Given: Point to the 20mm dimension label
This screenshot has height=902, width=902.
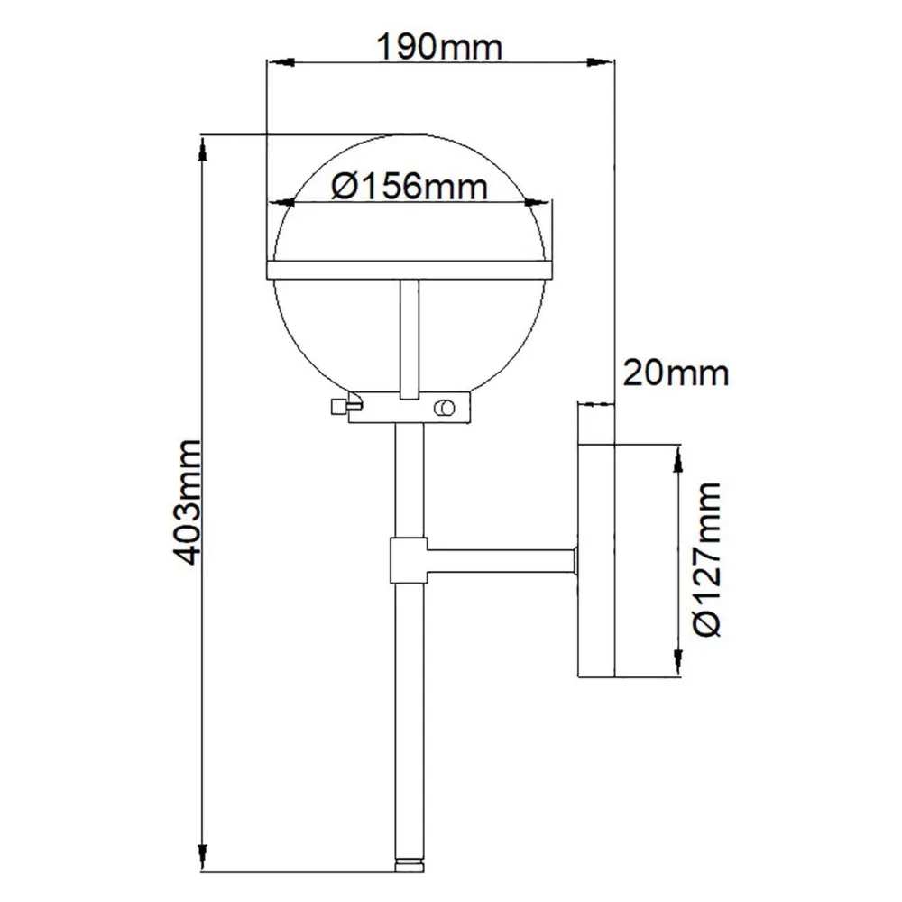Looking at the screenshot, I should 675,371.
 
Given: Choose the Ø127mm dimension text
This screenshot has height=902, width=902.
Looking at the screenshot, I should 711,559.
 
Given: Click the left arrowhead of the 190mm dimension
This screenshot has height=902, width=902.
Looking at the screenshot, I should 274,61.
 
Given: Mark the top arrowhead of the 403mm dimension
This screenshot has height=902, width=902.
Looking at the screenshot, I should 204,146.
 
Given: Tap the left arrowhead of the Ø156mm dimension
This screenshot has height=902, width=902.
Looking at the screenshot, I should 283,203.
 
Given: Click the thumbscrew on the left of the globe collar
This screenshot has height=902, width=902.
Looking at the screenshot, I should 341,409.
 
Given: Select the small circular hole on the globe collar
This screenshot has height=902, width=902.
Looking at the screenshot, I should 443,409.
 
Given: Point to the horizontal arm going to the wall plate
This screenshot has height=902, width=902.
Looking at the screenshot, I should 501,559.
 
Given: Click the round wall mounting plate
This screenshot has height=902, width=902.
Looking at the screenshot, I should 595,559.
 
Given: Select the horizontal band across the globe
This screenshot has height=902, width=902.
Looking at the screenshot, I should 409,270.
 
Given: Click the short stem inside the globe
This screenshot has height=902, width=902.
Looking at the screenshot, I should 409,338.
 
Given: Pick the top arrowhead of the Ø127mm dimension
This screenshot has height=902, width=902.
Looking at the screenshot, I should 676,456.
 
